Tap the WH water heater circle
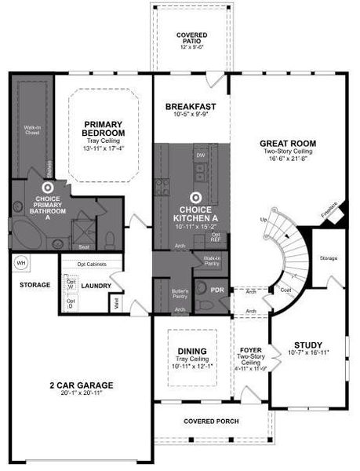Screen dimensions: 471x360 pos(22,262)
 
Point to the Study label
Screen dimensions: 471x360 pos(307,345)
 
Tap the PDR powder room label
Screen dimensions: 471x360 pos(217,289)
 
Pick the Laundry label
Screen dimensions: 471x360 pos(96,286)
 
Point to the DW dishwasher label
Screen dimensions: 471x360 pos(201,155)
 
